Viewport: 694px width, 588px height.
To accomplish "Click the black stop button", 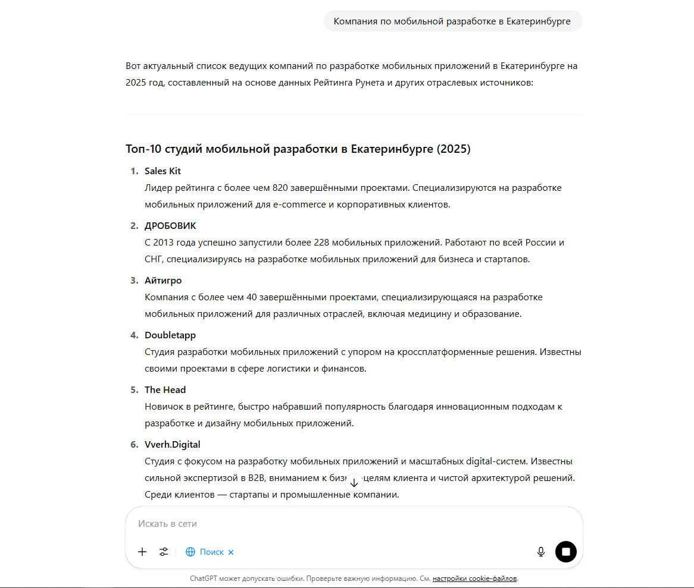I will pos(566,552).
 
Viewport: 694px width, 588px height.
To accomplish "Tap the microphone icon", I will pos(541,552).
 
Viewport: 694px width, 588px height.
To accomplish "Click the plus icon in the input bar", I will pos(142,552).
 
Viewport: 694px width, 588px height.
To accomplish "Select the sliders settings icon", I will pos(164,552).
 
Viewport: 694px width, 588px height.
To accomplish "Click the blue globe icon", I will pos(190,552).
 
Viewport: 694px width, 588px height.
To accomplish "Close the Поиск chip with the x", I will pos(231,552).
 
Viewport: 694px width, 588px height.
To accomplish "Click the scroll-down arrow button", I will pos(354,482).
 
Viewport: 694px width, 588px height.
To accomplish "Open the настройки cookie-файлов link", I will pos(474,578).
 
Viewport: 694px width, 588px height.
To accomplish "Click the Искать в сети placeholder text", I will pos(167,524).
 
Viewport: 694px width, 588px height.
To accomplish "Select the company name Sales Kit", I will pos(162,171).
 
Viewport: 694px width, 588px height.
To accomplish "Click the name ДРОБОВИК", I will pos(170,226).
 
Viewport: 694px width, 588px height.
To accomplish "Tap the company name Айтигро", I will pos(163,281).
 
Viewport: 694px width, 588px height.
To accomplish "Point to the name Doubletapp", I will pos(170,335).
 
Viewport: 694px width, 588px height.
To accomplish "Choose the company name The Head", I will pos(165,390).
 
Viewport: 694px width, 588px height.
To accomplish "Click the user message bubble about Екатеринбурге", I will pos(452,21).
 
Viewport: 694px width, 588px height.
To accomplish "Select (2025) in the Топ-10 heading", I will pos(454,149).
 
